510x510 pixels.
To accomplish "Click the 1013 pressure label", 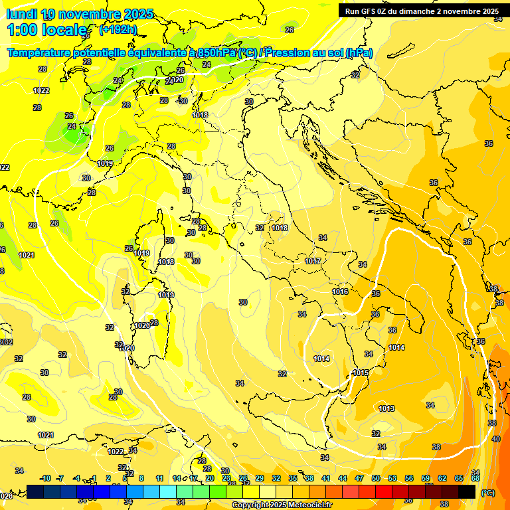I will (x=386, y=408).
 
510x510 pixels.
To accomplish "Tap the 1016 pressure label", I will (x=340, y=292).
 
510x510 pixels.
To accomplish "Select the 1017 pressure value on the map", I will (x=313, y=261).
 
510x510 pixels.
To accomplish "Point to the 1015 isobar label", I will (x=361, y=373).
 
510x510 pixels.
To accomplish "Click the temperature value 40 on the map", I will (x=496, y=439).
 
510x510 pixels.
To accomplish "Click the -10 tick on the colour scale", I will (x=45, y=478).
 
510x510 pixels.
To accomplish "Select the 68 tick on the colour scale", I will (x=475, y=478).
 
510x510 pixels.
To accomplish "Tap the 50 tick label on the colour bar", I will (x=376, y=478).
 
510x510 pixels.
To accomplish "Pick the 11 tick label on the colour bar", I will (x=159, y=478).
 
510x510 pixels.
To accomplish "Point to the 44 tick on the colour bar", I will (x=343, y=478).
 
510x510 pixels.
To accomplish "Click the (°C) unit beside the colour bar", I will (x=487, y=493).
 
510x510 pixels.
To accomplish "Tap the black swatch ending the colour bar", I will (x=467, y=491).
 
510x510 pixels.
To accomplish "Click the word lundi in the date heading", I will (x=21, y=14).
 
